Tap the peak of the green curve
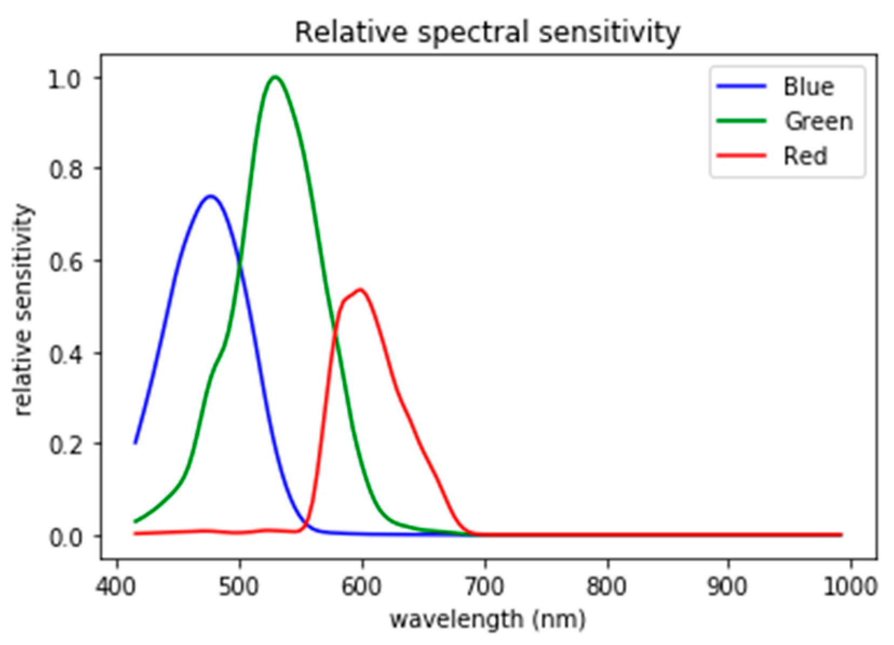click(x=275, y=77)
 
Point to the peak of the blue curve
click(x=211, y=196)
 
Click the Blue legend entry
click(x=808, y=86)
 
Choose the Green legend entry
click(x=818, y=121)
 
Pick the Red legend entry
click(x=805, y=156)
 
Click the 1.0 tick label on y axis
click(x=64, y=79)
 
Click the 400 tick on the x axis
click(x=116, y=586)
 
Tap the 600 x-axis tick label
click(x=361, y=586)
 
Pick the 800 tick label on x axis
click(x=607, y=586)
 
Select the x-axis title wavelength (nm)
click(x=487, y=620)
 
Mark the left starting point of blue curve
click(x=136, y=443)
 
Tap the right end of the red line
click(x=841, y=534)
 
